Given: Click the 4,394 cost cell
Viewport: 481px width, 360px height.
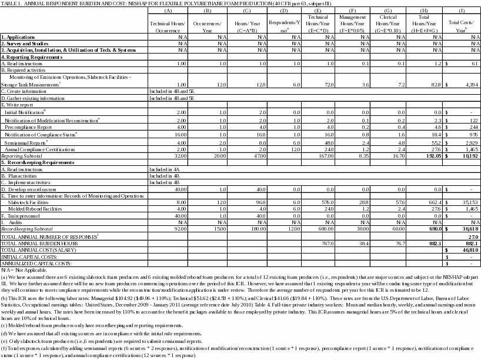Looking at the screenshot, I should pos(470,85).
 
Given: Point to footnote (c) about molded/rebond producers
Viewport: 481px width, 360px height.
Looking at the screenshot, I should pos(97,325).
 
